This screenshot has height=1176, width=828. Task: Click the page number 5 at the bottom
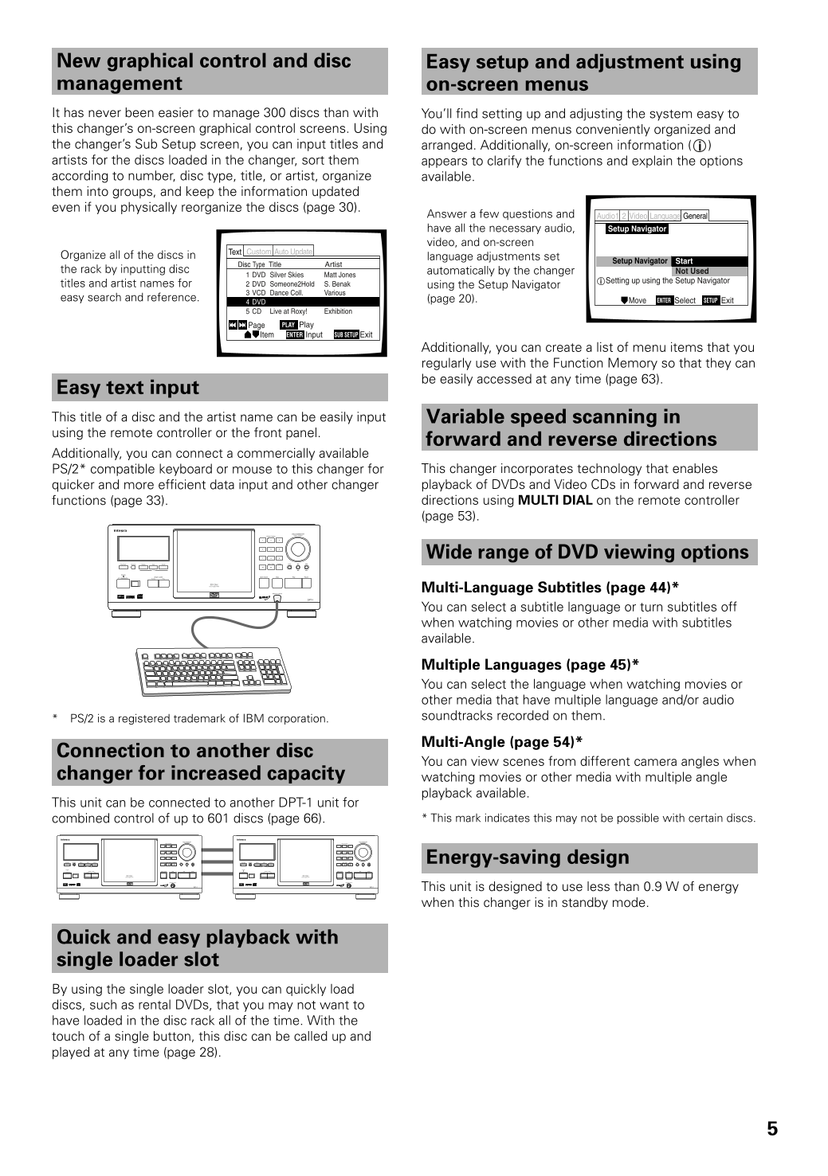[772, 1128]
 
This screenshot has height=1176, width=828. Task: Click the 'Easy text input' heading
[128, 388]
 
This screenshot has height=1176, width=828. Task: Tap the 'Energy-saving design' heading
[528, 858]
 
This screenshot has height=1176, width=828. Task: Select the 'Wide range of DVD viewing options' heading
[587, 553]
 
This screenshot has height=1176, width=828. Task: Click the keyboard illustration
[213, 670]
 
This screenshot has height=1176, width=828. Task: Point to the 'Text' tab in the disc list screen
[235, 252]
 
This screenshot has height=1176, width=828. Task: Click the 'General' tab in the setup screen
[695, 216]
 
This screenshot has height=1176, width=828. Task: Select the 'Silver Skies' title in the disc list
[286, 275]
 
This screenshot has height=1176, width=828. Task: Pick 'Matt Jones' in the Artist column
[339, 275]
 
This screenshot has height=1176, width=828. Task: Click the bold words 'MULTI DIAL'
[555, 501]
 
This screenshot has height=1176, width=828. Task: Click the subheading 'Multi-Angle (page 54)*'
[502, 742]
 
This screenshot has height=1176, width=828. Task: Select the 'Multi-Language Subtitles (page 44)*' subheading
[550, 588]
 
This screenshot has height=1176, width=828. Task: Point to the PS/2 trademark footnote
[198, 719]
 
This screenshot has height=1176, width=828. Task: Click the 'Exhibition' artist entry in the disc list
[338, 311]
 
